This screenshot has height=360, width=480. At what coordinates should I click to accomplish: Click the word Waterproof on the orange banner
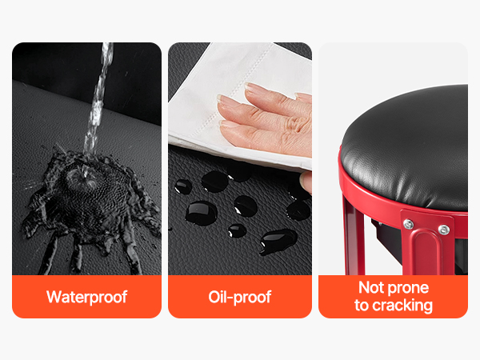(x=86, y=297)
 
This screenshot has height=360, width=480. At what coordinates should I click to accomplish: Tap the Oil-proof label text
(x=240, y=297)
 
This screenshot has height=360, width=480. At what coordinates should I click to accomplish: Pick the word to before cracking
(x=362, y=306)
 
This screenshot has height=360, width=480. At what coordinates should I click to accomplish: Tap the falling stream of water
(x=98, y=98)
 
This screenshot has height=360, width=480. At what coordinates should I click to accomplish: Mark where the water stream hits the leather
(x=85, y=178)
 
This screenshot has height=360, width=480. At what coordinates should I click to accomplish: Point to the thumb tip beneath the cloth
(x=306, y=182)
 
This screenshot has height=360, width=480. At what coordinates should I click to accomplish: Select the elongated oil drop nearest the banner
(x=278, y=241)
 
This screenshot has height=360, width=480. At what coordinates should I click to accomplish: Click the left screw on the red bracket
(x=408, y=224)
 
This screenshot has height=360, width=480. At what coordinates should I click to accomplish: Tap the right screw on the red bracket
(x=443, y=230)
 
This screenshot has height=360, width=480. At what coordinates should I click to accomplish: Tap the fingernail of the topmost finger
(x=252, y=87)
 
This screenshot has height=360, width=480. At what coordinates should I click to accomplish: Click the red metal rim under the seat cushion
(x=367, y=197)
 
